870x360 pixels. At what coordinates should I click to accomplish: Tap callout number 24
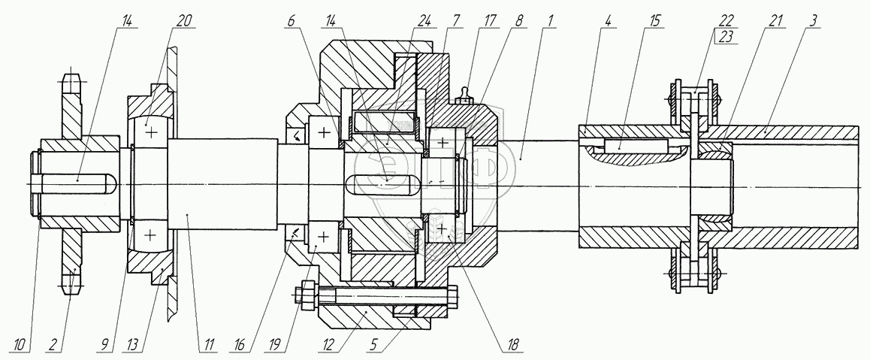pos(425,22)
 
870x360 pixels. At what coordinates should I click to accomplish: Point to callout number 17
pos(489,22)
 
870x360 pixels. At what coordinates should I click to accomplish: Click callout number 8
pos(519,22)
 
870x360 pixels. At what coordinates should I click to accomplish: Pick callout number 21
pos(775,22)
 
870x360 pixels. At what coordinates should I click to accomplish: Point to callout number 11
pos(209,345)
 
